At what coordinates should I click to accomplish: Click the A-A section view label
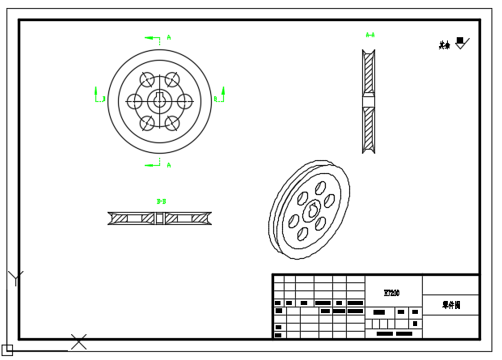tap(370, 35)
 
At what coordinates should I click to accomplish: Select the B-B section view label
tap(161, 201)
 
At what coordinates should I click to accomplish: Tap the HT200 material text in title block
tap(391, 293)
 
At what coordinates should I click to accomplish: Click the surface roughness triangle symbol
tap(461, 43)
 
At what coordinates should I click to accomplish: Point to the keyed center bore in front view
tap(159, 101)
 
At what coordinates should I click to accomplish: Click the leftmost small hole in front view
tap(134, 101)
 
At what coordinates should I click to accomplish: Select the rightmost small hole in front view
tap(184, 101)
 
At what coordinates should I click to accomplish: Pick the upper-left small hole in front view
tap(147, 79)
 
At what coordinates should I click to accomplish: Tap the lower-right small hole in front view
tap(171, 123)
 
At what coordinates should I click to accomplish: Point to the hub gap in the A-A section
tap(369, 100)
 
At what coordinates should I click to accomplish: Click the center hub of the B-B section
tap(159, 218)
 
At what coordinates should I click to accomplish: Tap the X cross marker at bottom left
tap(78, 341)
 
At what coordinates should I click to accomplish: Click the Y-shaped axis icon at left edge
tap(15, 278)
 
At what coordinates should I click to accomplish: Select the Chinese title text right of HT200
tap(450, 305)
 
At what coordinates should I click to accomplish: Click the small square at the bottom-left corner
tap(7, 349)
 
